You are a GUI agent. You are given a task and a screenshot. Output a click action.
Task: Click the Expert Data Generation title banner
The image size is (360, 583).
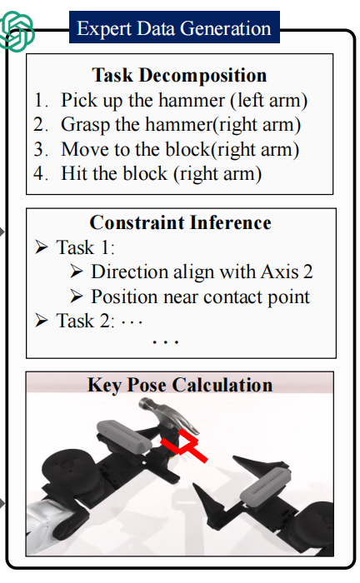pos(174,27)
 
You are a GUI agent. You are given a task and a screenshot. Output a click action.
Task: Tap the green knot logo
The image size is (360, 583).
pos(16,31)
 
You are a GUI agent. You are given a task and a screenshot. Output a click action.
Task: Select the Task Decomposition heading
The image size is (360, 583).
pos(179,75)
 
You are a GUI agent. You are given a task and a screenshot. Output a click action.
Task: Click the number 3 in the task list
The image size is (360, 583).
pos(40,149)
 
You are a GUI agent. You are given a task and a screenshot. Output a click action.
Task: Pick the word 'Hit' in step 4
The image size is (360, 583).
pos(74,173)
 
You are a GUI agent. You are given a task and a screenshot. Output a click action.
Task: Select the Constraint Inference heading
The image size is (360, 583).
pos(180,222)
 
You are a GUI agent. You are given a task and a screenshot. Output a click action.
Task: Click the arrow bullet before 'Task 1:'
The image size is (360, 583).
pos(42,247)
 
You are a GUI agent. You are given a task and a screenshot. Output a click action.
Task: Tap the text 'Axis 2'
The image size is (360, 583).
pos(287,272)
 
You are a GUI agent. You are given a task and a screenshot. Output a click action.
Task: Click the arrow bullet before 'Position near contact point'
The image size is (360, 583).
pos(76,296)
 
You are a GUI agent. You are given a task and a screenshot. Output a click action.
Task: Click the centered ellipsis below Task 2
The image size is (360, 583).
pos(166,341)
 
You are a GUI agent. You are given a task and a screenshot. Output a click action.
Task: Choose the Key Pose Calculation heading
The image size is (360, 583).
pos(180,385)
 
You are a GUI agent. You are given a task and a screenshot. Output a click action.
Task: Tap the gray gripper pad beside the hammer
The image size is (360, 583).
pos(124,435)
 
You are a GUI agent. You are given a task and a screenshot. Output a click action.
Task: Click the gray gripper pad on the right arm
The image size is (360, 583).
pos(265,484)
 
